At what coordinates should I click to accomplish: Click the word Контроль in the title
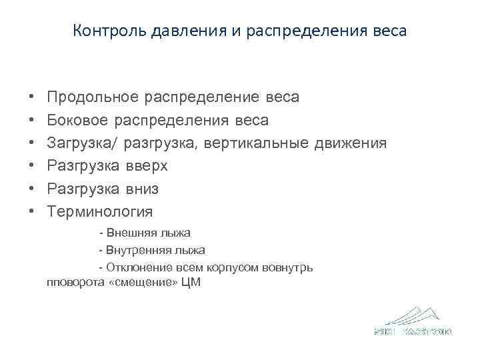pos(102,31)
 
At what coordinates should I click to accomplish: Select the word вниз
pos(143,189)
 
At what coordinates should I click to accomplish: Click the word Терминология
pos(100,212)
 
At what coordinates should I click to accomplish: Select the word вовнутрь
pos(289,267)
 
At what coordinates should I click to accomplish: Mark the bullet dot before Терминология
pos(32,213)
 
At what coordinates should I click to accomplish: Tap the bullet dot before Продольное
pos(32,98)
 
